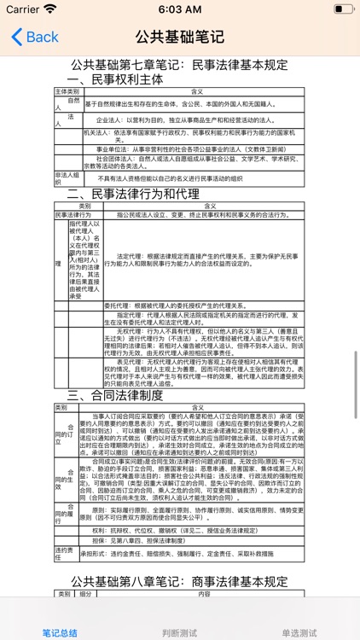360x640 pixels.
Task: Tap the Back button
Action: (x=35, y=37)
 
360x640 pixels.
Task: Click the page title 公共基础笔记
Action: (x=180, y=37)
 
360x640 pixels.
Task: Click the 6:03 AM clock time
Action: (x=180, y=9)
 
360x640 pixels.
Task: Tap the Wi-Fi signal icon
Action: (x=50, y=9)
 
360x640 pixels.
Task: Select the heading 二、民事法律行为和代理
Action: (x=145, y=195)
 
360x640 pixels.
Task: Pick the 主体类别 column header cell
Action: (x=67, y=91)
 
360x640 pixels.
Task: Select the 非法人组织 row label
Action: (x=67, y=177)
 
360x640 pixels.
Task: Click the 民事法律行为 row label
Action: (x=73, y=215)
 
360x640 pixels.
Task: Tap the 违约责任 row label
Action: (x=66, y=553)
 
